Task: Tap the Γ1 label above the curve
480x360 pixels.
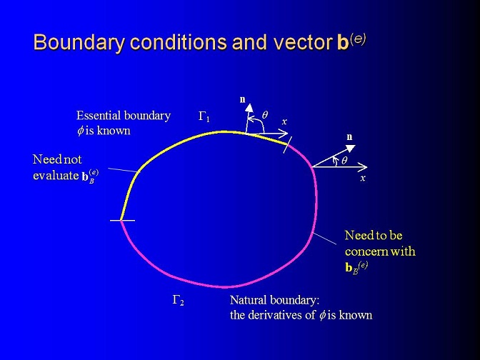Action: pyautogui.click(x=204, y=116)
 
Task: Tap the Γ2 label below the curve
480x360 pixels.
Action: pyautogui.click(x=178, y=300)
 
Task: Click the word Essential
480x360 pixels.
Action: pyautogui.click(x=99, y=116)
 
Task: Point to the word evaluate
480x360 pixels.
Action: pyautogui.click(x=56, y=176)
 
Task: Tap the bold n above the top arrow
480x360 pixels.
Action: pyautogui.click(x=243, y=99)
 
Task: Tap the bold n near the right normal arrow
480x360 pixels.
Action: pyautogui.click(x=349, y=137)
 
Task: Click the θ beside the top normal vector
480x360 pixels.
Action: pyautogui.click(x=265, y=115)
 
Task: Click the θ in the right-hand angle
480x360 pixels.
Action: pyautogui.click(x=344, y=161)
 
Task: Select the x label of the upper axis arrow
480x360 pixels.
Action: pyautogui.click(x=284, y=122)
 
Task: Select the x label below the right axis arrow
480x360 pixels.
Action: pyautogui.click(x=363, y=178)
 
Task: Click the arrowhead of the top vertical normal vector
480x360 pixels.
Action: pyautogui.click(x=249, y=108)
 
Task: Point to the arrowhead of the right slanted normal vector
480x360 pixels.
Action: pyautogui.click(x=351, y=148)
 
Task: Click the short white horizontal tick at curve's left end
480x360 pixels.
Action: pyautogui.click(x=122, y=221)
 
